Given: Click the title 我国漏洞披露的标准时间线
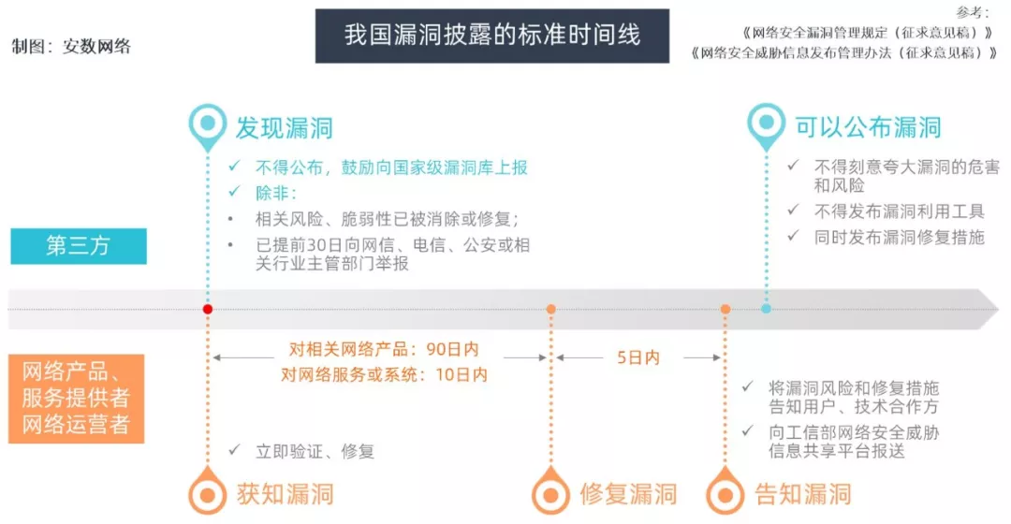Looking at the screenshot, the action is pos(492,35).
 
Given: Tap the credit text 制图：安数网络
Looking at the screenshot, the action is pos(71,47).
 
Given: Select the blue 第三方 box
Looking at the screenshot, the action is pos(79,246).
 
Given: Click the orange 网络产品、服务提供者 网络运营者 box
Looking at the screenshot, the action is pos(76,399).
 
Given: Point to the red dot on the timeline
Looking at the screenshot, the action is pos(208,310).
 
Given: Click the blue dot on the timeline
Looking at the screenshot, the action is pos(766,309).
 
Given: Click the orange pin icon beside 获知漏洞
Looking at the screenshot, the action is pos(208,491).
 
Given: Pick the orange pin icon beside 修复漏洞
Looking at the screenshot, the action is pos(550,491).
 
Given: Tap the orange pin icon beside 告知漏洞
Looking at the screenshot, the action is pos(725,491).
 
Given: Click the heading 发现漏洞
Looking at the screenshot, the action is pos(285,128).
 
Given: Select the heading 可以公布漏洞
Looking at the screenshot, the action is pos(868,127).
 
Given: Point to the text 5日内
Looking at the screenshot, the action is pos(638,357).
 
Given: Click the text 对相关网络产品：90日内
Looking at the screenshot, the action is pos(384,349).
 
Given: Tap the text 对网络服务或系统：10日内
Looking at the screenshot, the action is pos(385,374).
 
